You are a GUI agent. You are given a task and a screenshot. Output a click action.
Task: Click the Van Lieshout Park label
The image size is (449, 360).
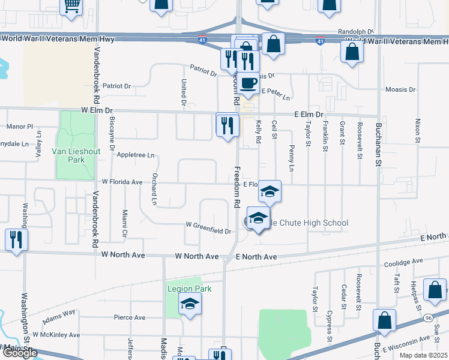[x=76, y=156]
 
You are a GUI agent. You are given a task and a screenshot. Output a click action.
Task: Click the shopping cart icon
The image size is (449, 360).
[x=72, y=5]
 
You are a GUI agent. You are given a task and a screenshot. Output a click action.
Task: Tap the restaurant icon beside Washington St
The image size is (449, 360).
[x=16, y=240]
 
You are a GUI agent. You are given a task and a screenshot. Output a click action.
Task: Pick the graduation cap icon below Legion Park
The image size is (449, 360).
[x=190, y=304]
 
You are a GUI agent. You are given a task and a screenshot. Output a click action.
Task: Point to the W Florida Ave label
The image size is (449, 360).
[x=122, y=181]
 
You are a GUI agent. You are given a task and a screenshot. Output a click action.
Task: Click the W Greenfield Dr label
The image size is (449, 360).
[x=208, y=231]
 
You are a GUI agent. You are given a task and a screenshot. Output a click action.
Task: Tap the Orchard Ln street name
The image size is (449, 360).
[x=154, y=190]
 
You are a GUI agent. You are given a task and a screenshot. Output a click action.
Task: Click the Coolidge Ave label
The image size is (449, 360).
[x=403, y=262]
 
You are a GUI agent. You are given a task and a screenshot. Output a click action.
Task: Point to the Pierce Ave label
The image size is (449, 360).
[x=130, y=317]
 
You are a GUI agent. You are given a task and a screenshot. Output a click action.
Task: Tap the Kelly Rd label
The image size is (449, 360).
[x=259, y=131]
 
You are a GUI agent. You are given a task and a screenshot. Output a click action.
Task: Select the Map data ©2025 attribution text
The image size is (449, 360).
[x=423, y=355]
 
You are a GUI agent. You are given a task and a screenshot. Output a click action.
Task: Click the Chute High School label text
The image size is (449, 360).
[x=309, y=223]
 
